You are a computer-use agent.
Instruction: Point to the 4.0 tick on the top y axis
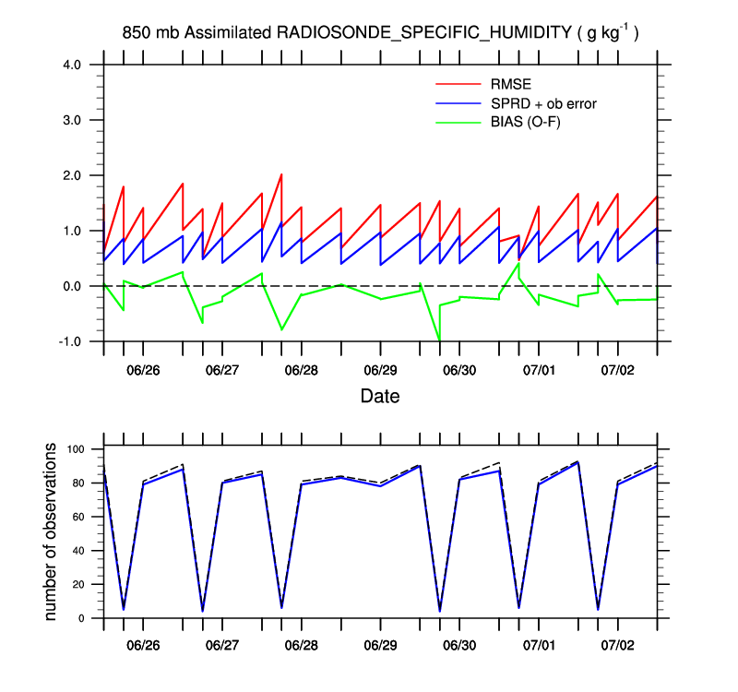(x=72, y=65)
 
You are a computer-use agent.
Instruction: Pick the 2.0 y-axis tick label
(x=72, y=175)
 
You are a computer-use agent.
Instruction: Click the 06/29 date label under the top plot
(x=380, y=370)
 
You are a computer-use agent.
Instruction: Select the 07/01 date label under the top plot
(x=539, y=370)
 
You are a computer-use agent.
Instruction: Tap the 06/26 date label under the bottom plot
(x=143, y=638)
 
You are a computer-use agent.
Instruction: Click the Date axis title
(x=380, y=397)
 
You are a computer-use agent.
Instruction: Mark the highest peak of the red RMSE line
(x=281, y=174)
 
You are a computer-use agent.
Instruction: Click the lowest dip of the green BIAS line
(x=440, y=340)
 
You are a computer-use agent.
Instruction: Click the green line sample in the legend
(x=458, y=121)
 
